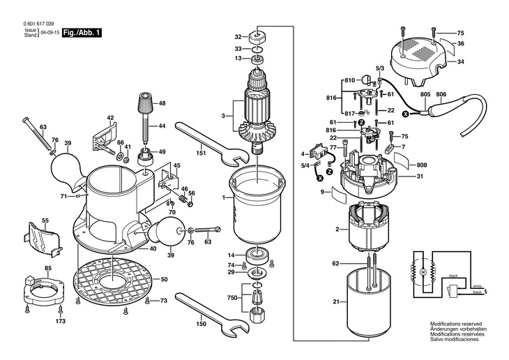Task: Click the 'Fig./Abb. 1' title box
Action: [82, 33]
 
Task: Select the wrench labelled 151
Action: [209, 142]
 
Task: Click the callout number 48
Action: [162, 103]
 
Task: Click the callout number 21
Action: [336, 302]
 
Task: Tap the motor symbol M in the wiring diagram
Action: [421, 268]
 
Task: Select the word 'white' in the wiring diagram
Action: [477, 286]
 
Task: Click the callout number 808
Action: [422, 165]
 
